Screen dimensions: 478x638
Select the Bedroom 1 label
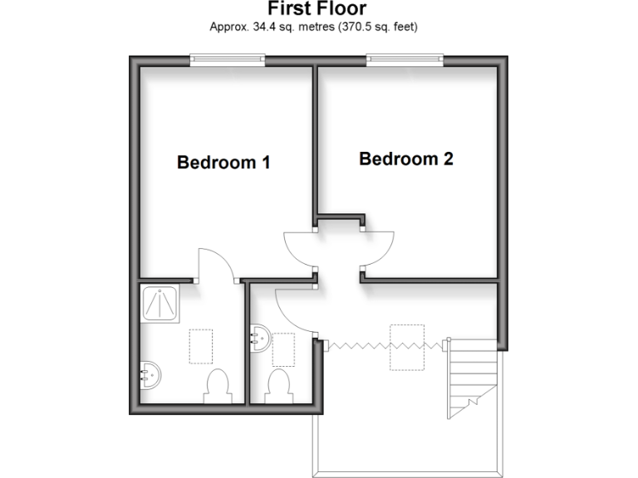(223, 163)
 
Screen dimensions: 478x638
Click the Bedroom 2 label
(405, 159)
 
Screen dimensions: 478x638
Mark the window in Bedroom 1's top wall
(227, 59)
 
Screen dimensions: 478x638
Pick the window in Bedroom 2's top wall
(405, 59)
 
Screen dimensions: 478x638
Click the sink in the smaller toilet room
(258, 339)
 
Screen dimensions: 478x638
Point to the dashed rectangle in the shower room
(202, 346)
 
